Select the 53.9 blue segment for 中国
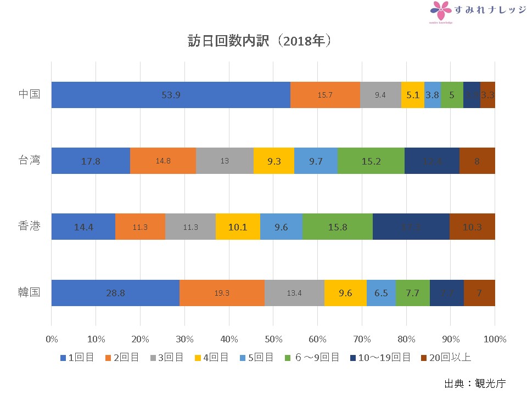(171, 95)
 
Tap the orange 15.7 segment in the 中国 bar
(325, 95)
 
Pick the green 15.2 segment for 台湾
(371, 161)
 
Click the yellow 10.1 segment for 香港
(238, 227)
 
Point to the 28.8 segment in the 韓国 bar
(115, 293)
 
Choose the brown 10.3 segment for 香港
(472, 227)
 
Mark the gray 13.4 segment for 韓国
(294, 293)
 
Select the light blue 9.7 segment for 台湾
(316, 161)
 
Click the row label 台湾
(29, 161)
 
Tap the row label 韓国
(29, 292)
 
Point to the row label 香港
(29, 227)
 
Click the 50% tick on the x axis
(273, 339)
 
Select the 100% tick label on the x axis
(495, 339)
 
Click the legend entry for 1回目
(77, 358)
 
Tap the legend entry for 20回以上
(445, 358)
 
